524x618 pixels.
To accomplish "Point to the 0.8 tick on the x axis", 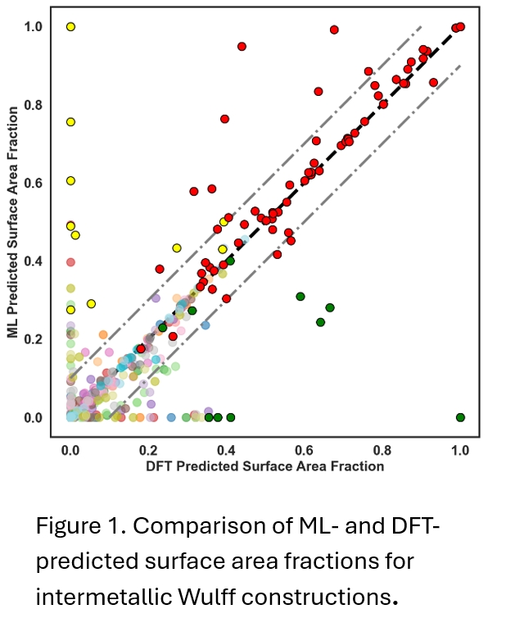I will [x=382, y=450].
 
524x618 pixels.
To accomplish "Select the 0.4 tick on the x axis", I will [x=226, y=450].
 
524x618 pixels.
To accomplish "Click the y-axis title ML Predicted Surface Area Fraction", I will [x=12, y=222].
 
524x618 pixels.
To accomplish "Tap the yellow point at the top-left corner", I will [x=70, y=27].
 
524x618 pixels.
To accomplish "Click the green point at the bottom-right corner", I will [x=460, y=417].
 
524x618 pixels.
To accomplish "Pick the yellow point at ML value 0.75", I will [x=70, y=122].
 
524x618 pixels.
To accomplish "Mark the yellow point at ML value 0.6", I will [x=70, y=180].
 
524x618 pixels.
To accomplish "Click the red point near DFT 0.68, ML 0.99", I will [x=334, y=30].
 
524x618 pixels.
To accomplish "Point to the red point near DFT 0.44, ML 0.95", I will [x=242, y=46].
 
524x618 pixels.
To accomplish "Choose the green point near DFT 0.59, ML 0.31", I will [x=300, y=296].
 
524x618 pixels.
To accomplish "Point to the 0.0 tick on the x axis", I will [x=70, y=450].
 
